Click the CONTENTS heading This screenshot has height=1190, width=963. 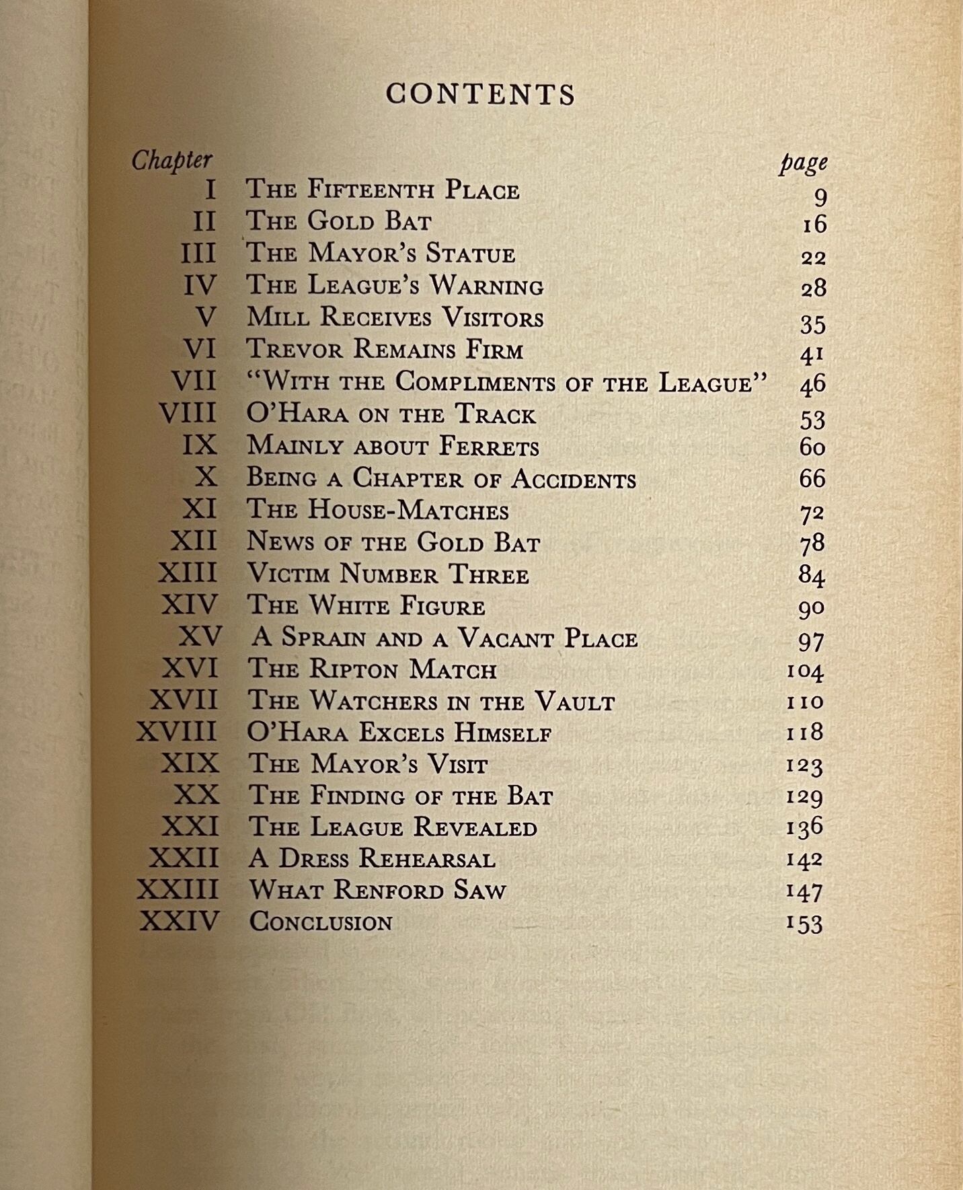(481, 94)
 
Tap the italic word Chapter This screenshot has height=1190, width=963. (171, 161)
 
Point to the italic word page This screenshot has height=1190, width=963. (803, 163)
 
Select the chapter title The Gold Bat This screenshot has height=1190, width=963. (338, 221)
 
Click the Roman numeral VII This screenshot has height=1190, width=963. (194, 381)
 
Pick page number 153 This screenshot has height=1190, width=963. (804, 923)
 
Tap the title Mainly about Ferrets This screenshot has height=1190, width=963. (393, 446)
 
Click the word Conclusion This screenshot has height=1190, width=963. (321, 922)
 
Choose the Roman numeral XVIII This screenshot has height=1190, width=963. (177, 732)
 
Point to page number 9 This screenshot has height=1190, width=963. (820, 198)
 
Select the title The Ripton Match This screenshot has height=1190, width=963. (372, 669)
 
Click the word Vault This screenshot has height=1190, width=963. (575, 702)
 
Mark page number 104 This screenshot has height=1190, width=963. (804, 671)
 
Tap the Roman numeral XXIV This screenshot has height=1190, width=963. (180, 921)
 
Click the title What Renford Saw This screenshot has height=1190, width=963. (377, 890)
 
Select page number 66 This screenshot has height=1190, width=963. (812, 478)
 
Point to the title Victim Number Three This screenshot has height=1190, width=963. (388, 574)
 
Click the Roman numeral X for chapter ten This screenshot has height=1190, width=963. (206, 477)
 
